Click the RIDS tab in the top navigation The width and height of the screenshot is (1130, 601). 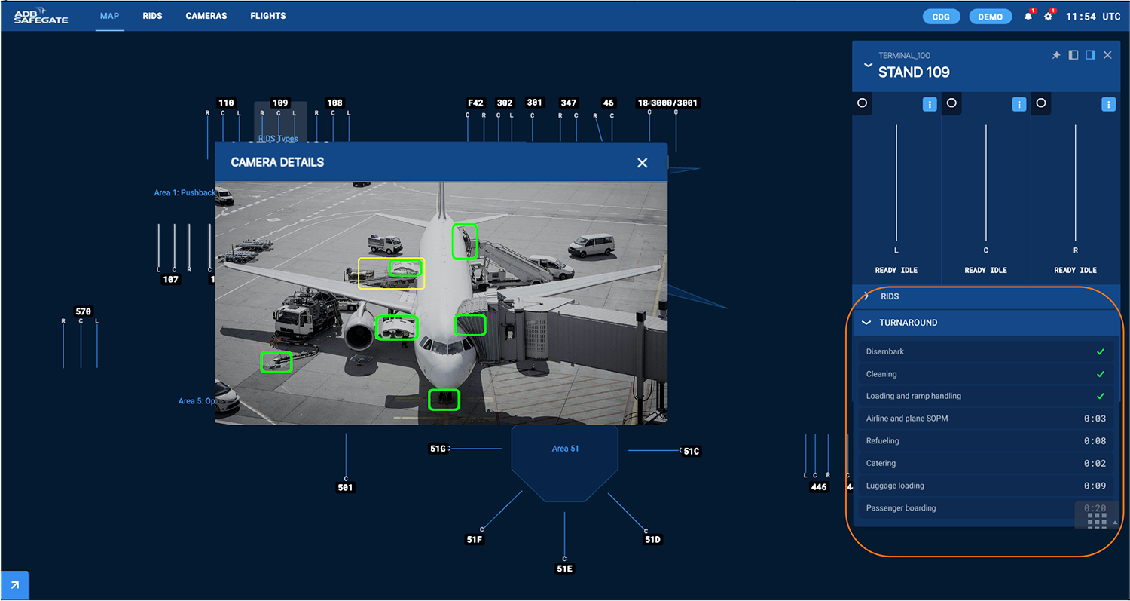pos(152,16)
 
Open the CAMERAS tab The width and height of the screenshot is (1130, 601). pos(206,16)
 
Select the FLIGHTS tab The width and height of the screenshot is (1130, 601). pos(268,16)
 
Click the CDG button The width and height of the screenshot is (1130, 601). pos(941,17)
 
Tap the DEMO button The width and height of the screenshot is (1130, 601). pos(990,17)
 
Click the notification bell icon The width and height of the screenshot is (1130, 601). pos(1028,17)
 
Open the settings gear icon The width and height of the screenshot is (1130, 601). pos(1048,17)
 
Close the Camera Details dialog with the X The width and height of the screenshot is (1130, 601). pos(642,163)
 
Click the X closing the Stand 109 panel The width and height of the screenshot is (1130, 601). pos(1107,55)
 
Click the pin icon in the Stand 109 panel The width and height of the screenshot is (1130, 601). pos(1056,55)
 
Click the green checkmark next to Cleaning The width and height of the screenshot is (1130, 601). pos(1101,374)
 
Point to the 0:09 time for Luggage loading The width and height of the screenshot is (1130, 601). pos(1095,486)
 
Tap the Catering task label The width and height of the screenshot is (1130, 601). pos(881,463)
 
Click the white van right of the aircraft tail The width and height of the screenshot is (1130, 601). pos(591,245)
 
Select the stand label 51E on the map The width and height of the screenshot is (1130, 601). pos(564,569)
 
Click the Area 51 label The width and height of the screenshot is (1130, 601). pos(565,449)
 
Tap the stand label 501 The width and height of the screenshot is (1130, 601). pos(345,488)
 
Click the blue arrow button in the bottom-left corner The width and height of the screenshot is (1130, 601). pos(14,585)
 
